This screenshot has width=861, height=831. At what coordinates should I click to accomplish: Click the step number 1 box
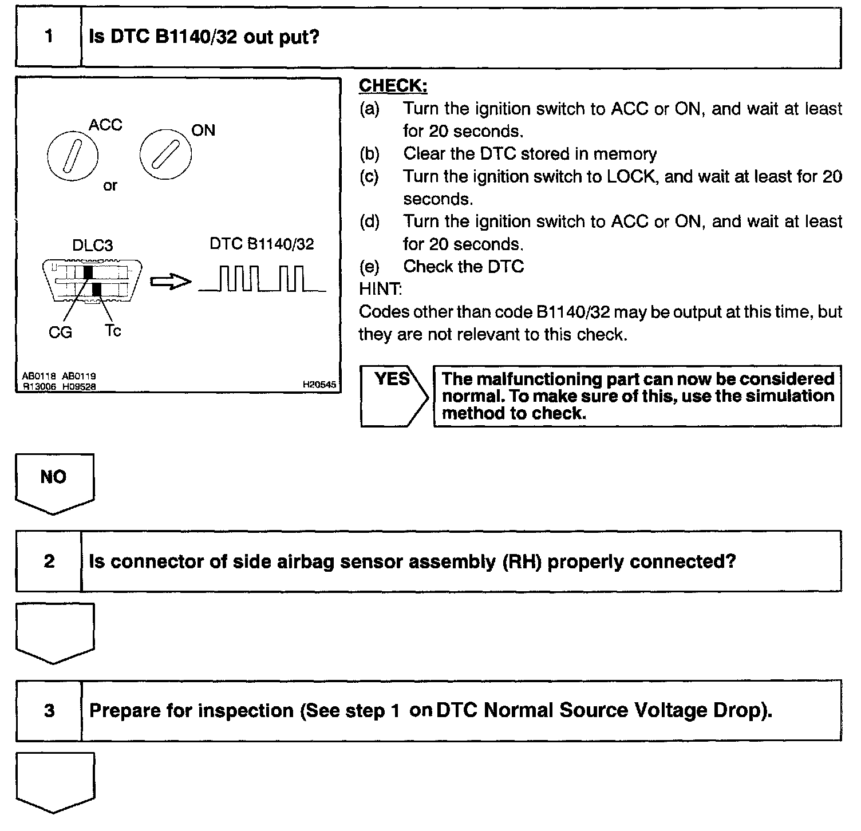click(49, 38)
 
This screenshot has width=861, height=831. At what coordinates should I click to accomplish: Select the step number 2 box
click(49, 561)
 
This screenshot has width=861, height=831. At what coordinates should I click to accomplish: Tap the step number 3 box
click(49, 711)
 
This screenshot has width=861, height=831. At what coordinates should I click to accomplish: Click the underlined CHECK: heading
click(393, 86)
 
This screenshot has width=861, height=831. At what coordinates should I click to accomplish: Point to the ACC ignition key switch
click(73, 155)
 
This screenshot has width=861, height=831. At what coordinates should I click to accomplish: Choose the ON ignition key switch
click(165, 153)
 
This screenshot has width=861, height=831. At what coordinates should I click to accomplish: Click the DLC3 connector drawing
click(93, 281)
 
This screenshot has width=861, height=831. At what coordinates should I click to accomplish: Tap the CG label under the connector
click(60, 333)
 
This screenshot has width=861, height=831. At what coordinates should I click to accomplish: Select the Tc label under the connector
click(113, 331)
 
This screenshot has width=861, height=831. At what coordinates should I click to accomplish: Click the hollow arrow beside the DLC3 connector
click(169, 282)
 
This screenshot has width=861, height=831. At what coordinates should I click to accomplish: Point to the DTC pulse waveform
click(262, 279)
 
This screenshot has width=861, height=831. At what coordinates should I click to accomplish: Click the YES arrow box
click(394, 395)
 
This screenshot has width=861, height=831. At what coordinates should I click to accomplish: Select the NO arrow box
click(54, 481)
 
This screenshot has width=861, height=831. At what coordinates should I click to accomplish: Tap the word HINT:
click(380, 289)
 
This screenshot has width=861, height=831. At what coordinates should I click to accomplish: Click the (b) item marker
click(369, 154)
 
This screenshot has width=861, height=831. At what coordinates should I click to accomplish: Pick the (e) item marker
click(369, 267)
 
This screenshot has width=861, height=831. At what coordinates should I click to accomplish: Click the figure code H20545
click(319, 385)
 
